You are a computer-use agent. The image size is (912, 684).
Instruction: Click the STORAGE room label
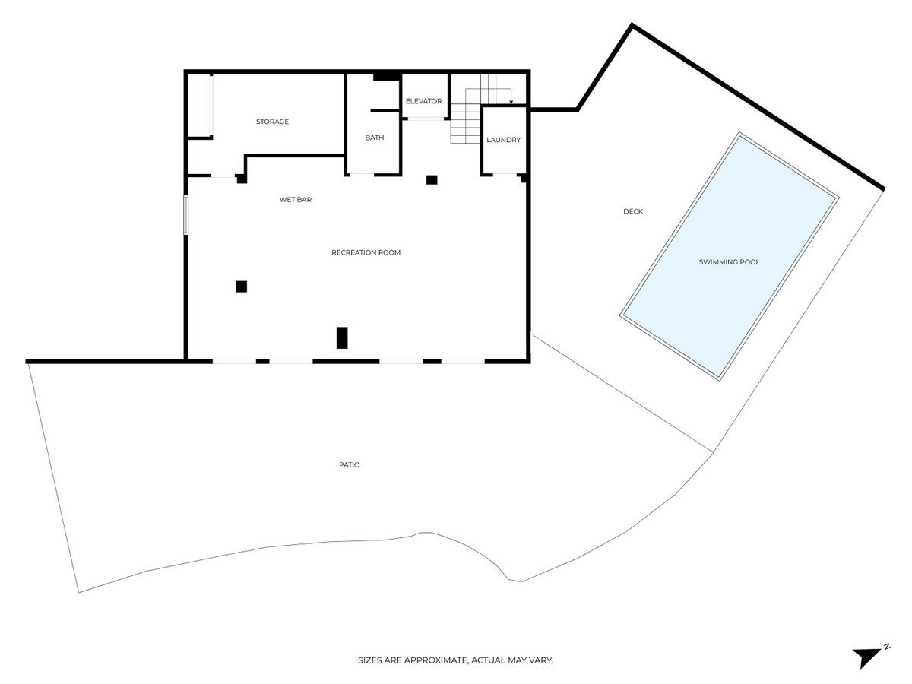pos(272,122)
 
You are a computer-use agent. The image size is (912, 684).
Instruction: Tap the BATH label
pos(375,138)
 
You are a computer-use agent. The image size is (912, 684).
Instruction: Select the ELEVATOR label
pos(423,101)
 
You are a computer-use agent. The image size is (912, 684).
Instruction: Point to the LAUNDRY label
pos(503,140)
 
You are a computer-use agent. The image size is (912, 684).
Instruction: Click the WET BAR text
pos(296,199)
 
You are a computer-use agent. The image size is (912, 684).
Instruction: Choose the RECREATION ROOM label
pos(366,252)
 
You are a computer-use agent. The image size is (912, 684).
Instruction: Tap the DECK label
pos(633,211)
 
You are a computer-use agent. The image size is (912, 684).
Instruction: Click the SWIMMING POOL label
pos(729,261)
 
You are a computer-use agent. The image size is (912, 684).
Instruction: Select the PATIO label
pos(349,464)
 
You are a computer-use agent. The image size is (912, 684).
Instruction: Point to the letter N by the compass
pos(887,646)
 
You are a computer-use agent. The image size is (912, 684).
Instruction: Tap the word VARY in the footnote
pos(541,660)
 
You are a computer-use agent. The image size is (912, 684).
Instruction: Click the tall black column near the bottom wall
pos(341,337)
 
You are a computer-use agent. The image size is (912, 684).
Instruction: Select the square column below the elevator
pos(432,180)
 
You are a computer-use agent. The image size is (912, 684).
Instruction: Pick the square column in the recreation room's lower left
pos(241,287)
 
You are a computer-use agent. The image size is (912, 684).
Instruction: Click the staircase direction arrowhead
pos(511,102)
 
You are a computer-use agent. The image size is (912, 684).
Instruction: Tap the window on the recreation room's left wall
pos(185,215)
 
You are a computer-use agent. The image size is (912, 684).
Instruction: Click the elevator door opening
pos(425,119)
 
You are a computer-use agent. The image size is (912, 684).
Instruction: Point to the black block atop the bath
pos(386,77)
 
